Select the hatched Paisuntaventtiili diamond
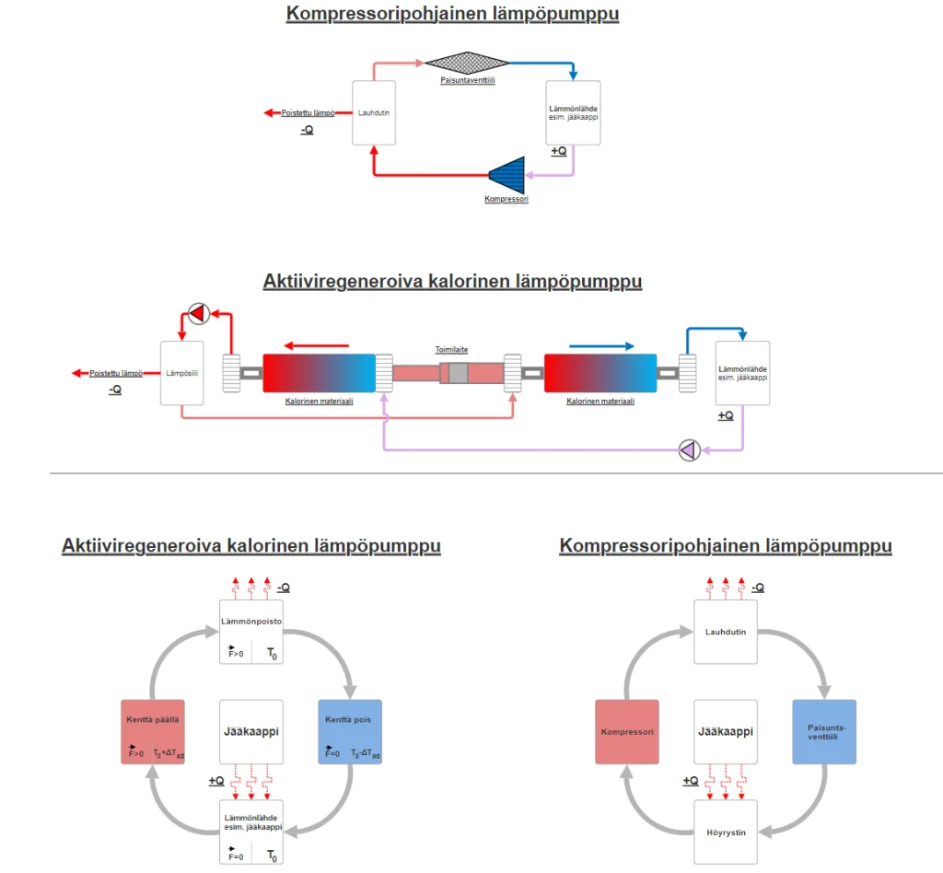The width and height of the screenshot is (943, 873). click(x=467, y=62)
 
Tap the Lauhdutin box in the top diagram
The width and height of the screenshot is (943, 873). click(x=375, y=112)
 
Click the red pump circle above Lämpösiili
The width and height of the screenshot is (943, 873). click(x=198, y=314)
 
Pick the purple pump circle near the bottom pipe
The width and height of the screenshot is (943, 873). click(x=689, y=449)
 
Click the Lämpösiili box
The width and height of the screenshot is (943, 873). click(x=181, y=373)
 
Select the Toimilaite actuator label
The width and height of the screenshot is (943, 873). click(x=452, y=350)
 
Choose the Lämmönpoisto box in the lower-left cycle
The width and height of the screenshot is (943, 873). click(x=250, y=632)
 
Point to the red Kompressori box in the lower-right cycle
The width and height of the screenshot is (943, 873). click(x=627, y=732)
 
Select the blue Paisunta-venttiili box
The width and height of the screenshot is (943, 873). click(x=824, y=732)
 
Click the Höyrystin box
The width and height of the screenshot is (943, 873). click(x=726, y=832)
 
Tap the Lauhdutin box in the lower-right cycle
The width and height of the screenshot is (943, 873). click(x=726, y=632)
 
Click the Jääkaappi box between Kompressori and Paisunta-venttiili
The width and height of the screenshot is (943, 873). click(x=726, y=732)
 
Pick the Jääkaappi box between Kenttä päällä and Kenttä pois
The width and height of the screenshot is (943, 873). click(x=250, y=732)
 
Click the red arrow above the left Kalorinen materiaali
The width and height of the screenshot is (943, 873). click(x=316, y=346)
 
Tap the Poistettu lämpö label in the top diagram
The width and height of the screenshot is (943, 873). click(x=308, y=113)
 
